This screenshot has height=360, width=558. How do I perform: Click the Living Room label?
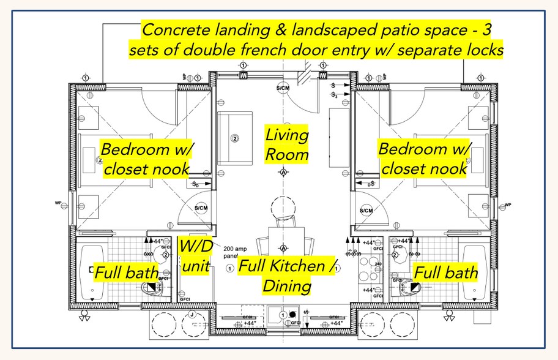coord(286,144)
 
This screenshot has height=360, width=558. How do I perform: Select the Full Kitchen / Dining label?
coord(288,276)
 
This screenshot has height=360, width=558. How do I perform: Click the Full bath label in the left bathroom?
coord(125,271)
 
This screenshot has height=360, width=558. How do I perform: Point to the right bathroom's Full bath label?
coord(445,272)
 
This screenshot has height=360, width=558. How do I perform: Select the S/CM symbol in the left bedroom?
coord(202,209)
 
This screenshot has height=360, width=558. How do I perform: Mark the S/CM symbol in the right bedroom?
coord(366,211)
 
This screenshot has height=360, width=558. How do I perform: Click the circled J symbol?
coord(192,315)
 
